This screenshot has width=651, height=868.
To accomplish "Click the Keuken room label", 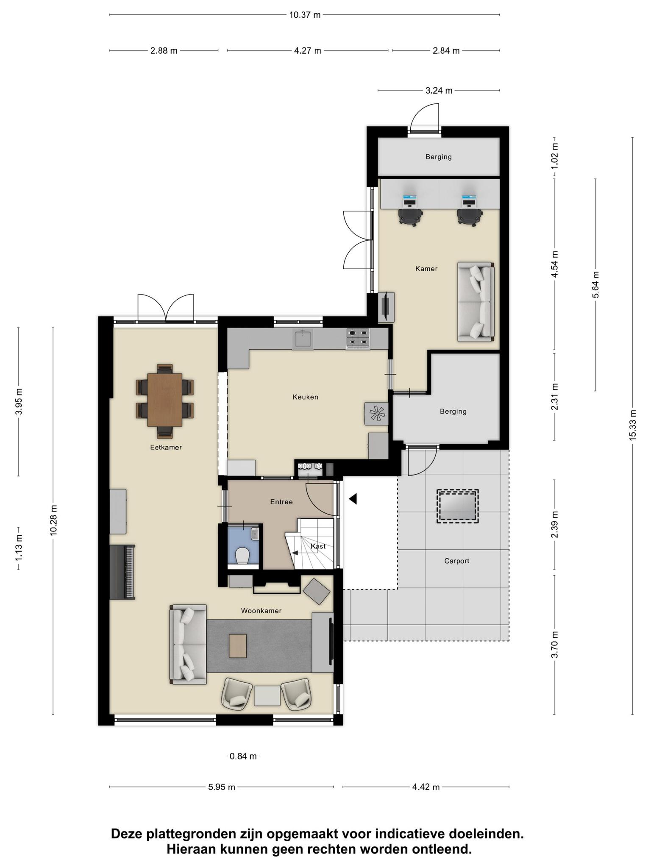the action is coord(305,397).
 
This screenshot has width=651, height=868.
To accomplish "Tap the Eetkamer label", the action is coord(166,447).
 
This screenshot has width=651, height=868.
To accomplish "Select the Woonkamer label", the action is coord(261,611).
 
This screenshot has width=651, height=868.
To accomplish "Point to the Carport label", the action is coord(456,561).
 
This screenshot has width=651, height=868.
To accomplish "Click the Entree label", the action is coord(281,502).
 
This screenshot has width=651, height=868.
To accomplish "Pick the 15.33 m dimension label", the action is coord(633,425).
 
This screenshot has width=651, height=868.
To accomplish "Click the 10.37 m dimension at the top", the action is coord(305,15).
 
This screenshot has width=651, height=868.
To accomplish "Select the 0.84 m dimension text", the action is coord(243,756).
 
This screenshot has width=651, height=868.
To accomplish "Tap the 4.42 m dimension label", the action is coord(426,787).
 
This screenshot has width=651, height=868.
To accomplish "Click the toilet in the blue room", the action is coord(242,555).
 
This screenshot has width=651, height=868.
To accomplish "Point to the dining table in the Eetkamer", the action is coord(165,400).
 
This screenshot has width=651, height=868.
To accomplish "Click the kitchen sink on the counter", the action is coord(302,339).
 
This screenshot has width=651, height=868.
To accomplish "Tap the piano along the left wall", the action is coord(122,572).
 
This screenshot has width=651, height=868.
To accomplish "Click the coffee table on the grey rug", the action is coord(238,646).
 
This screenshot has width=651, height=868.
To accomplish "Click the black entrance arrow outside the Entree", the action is coord(353,499).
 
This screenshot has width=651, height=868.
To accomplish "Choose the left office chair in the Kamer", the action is coord(410,217).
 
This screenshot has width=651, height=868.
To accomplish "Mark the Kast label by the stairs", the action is coord(318,546).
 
